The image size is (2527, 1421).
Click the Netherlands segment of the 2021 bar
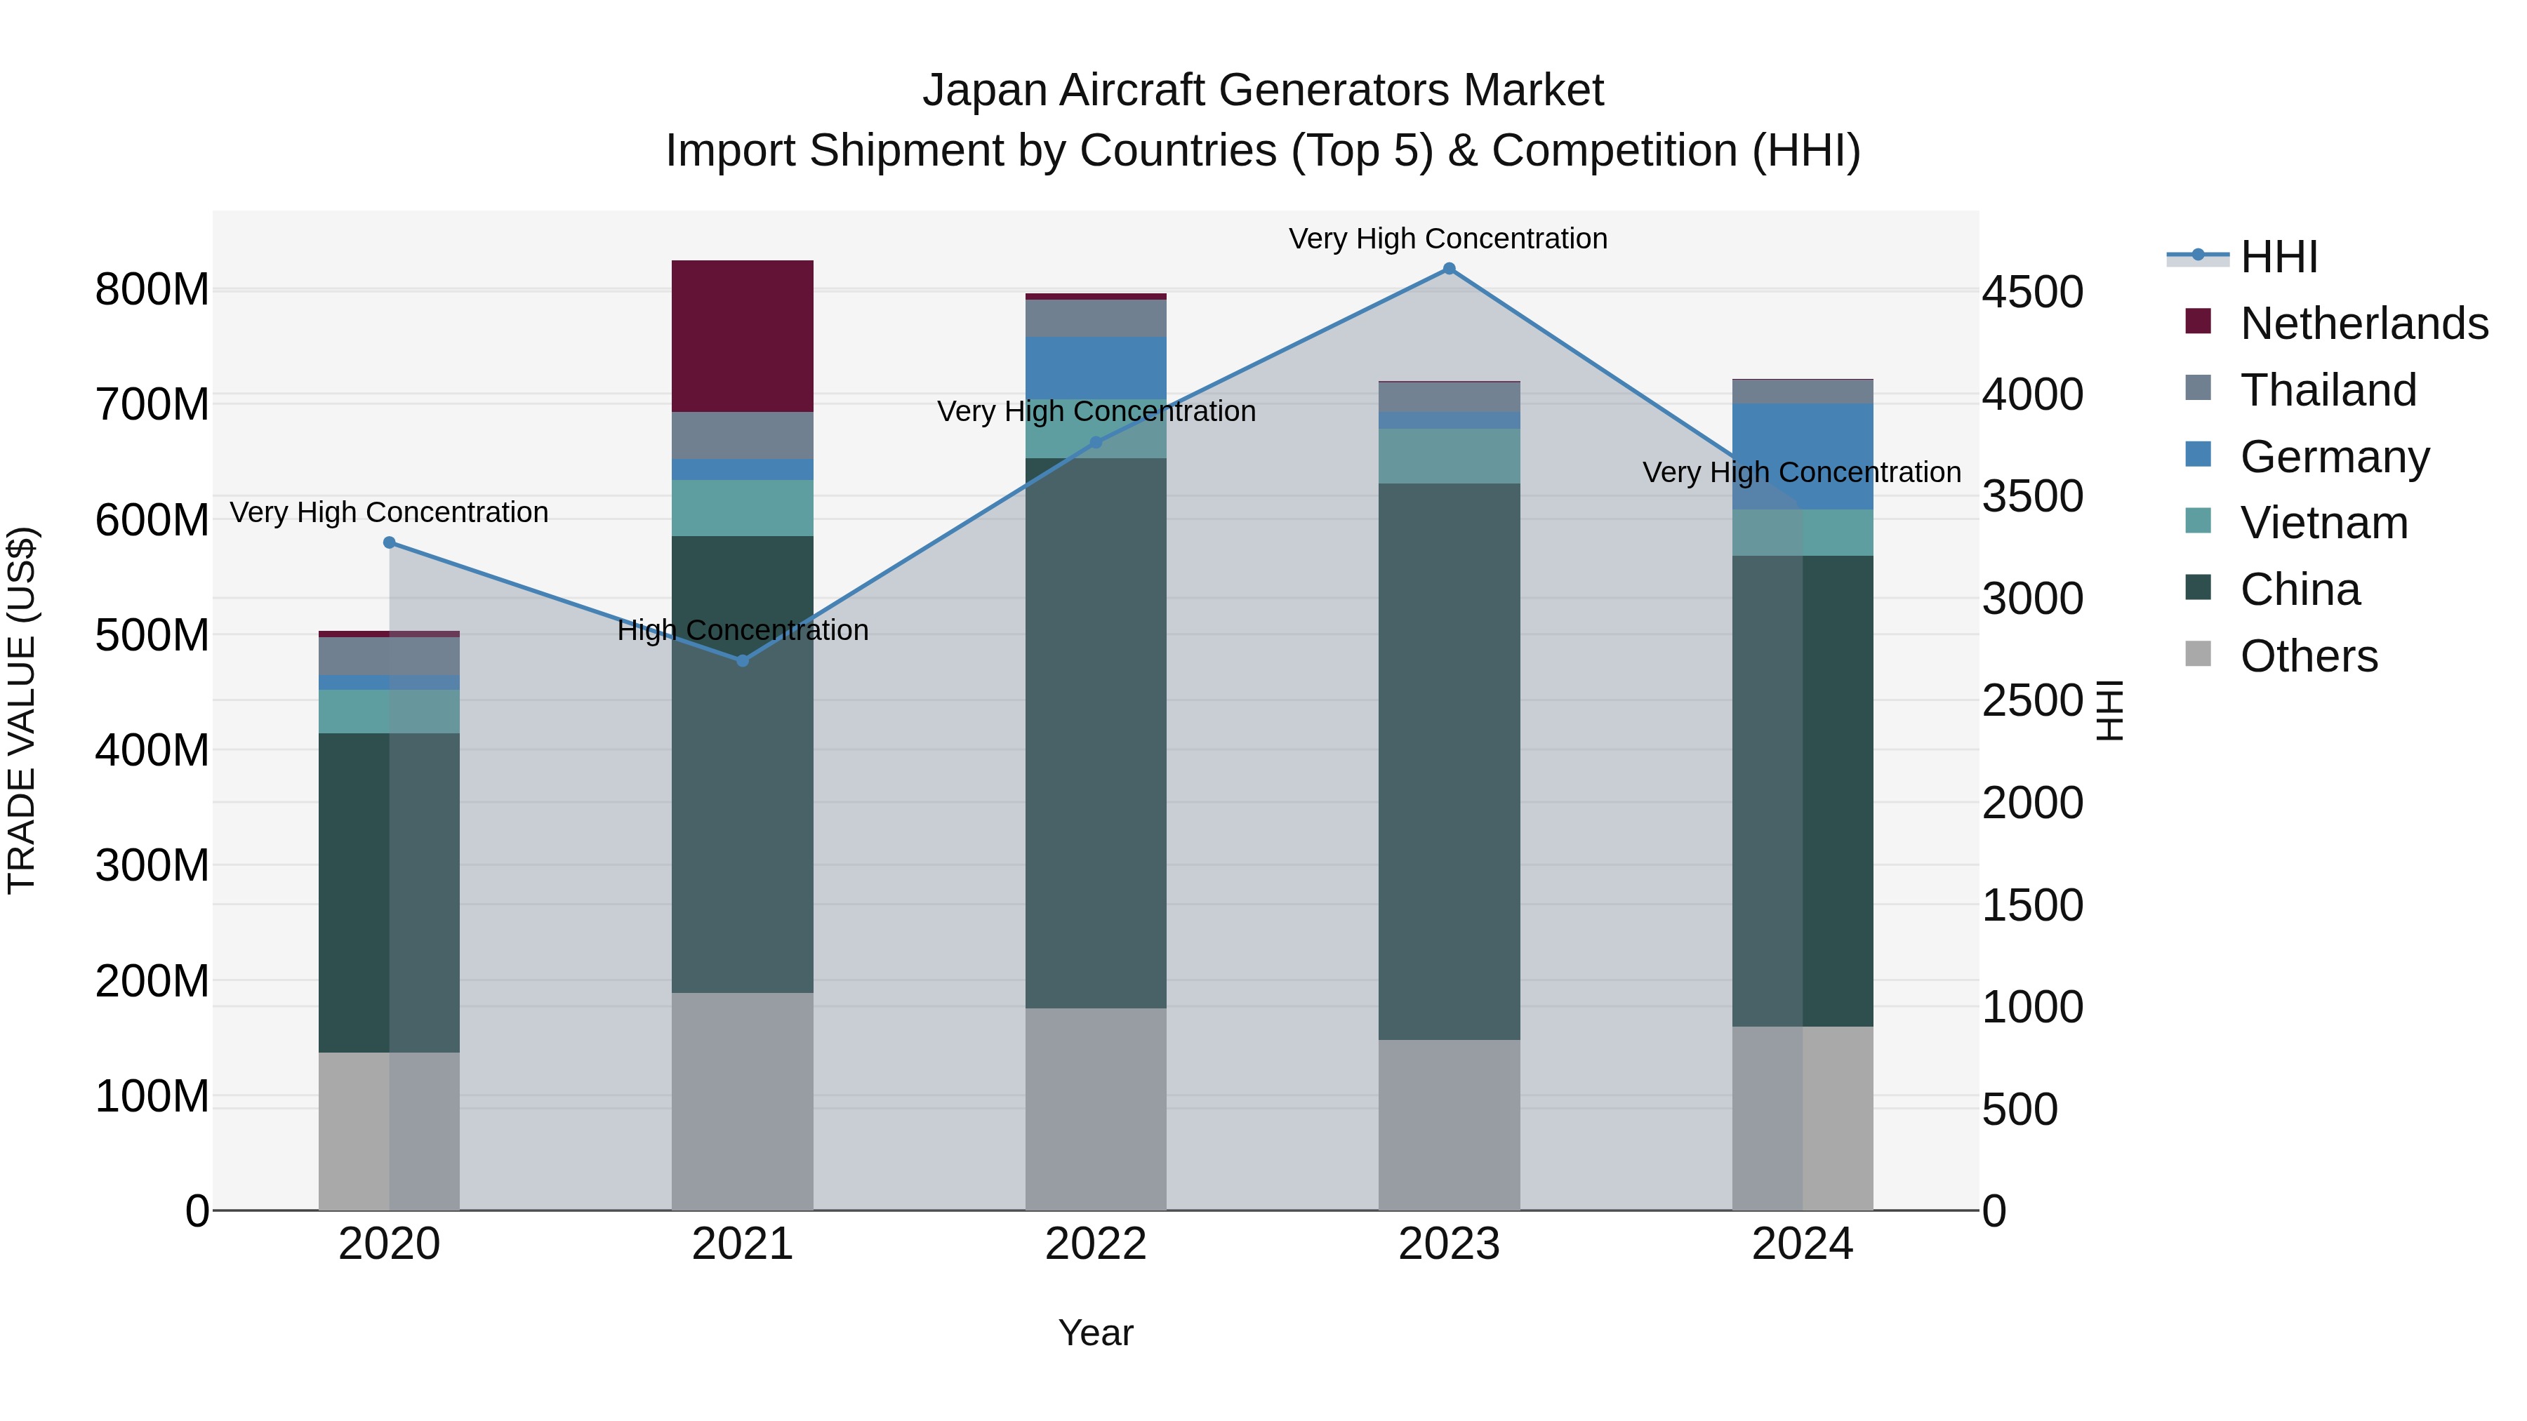coord(743,335)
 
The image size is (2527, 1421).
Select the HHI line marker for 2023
coord(1449,269)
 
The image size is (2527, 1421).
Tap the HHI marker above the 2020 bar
coord(390,542)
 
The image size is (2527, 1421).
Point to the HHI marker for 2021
coord(743,661)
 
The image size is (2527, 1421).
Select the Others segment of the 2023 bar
coord(1449,1125)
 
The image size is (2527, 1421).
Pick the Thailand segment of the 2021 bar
coord(743,435)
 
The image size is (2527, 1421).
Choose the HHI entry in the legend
coord(2279,257)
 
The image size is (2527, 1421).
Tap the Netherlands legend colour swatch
coord(2198,321)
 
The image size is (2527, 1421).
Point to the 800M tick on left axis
coord(152,291)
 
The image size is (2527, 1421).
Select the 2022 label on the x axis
coord(1096,1244)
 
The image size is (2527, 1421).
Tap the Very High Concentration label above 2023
coord(1448,239)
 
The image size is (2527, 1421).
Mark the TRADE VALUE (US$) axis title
coord(22,710)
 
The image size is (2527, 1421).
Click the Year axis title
coord(1096,1333)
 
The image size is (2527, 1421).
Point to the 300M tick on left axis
coord(152,866)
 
